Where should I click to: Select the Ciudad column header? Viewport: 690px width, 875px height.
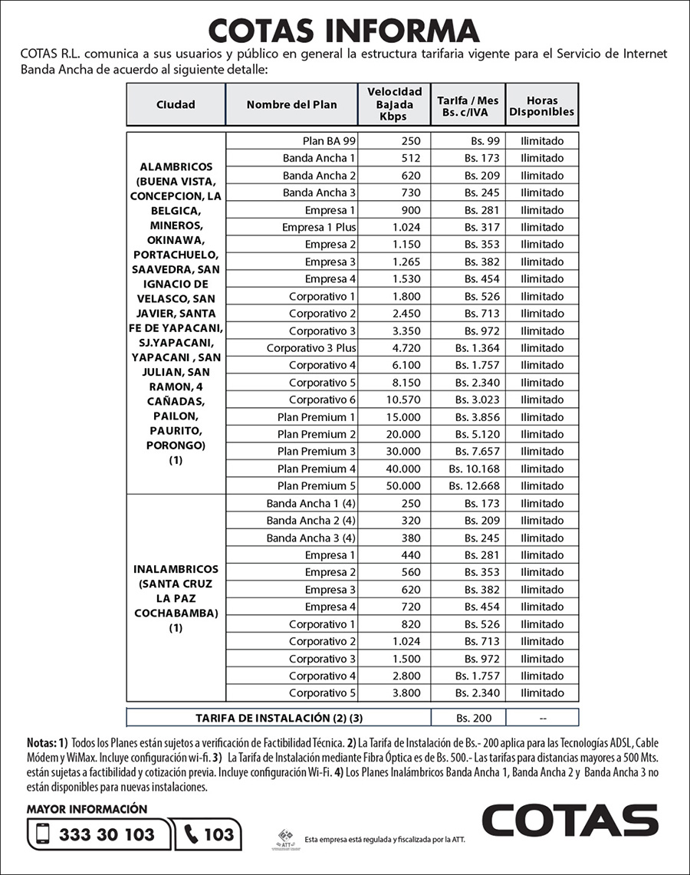coord(176,105)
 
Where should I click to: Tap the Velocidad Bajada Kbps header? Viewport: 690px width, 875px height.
coord(394,105)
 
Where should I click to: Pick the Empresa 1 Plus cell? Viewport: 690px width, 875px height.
coord(318,227)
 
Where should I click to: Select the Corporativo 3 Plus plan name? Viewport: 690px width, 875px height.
coord(310,348)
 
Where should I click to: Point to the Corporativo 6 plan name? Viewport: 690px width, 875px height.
coord(322,400)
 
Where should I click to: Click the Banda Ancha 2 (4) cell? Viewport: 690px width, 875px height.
coord(310,521)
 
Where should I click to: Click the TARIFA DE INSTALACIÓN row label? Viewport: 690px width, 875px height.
coord(278,719)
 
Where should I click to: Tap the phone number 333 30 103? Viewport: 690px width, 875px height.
coord(107,834)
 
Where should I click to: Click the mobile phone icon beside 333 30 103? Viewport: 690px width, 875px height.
coord(43,834)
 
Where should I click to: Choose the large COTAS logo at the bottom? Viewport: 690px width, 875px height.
coord(570,821)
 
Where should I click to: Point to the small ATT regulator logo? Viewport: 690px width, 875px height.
coord(287,838)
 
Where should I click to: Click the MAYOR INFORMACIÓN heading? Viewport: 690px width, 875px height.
coord(86,809)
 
